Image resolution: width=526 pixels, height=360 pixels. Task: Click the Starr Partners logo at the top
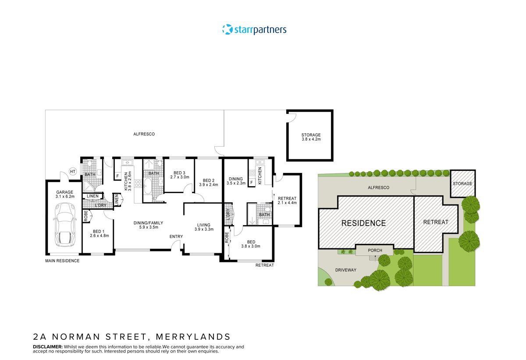pos(254,30)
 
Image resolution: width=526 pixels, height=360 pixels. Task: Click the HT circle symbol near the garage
pos(73,172)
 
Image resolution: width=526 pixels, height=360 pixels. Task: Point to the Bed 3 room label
pos(179,175)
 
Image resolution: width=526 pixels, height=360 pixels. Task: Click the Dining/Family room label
pos(145,225)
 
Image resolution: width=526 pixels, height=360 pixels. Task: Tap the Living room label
pos(204,227)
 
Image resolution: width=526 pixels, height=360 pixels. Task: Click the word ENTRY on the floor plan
pos(176,237)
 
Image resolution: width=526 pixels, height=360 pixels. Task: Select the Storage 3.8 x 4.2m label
pos(311,137)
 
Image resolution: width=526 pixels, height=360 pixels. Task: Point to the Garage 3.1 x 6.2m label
pos(65,194)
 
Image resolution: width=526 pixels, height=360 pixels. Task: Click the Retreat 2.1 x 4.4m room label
pos(287,201)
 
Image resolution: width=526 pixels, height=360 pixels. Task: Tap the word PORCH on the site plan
pos(375,251)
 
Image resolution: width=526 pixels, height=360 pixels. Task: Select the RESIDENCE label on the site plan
pos(363,223)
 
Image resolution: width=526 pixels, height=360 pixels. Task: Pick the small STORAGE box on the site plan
pos(462,184)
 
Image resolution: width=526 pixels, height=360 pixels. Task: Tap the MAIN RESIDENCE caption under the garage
pos(62,261)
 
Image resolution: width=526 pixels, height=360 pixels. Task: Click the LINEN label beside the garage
pos(92,196)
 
